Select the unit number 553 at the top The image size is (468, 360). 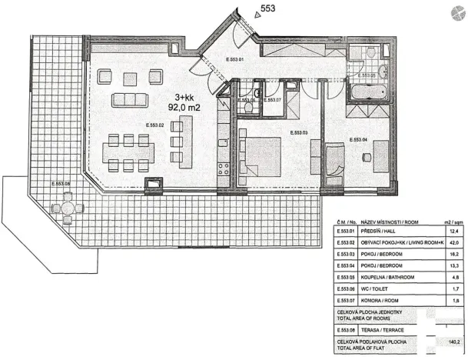270,8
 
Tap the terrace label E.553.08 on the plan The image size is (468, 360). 58,185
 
